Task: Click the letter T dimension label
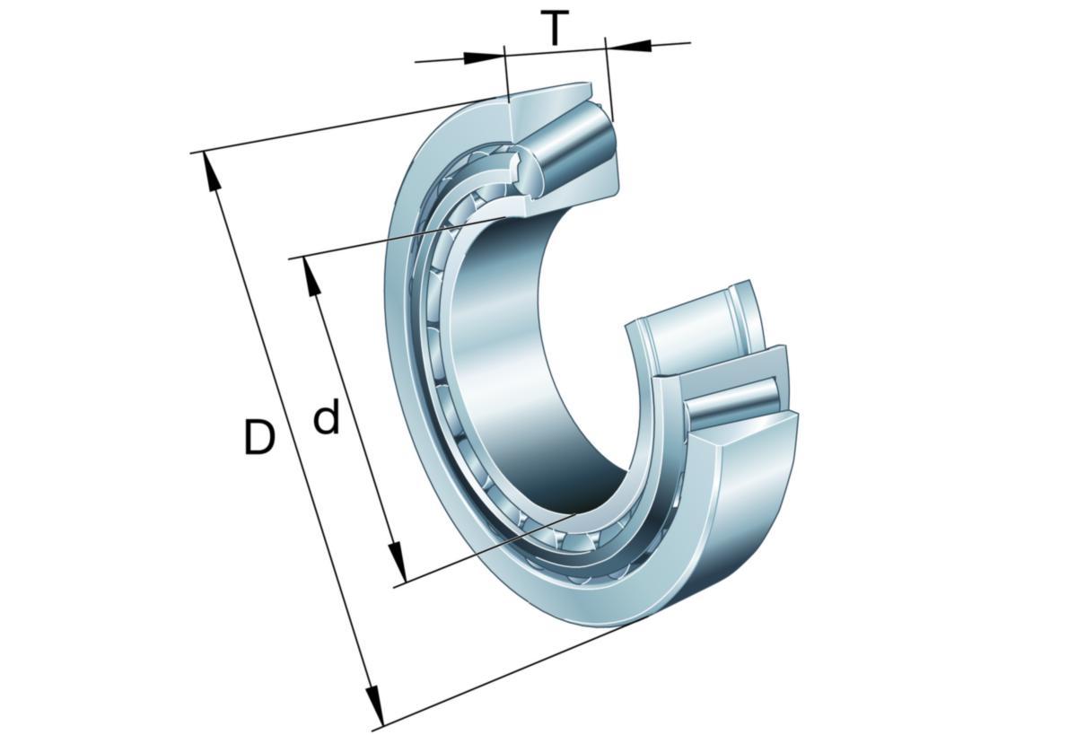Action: tap(555, 28)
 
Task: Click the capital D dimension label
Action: tap(259, 437)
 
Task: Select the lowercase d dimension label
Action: tap(327, 416)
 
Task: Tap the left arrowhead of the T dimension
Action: tap(484, 57)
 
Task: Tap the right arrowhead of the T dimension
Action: tap(628, 46)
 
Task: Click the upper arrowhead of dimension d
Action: tap(312, 277)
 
